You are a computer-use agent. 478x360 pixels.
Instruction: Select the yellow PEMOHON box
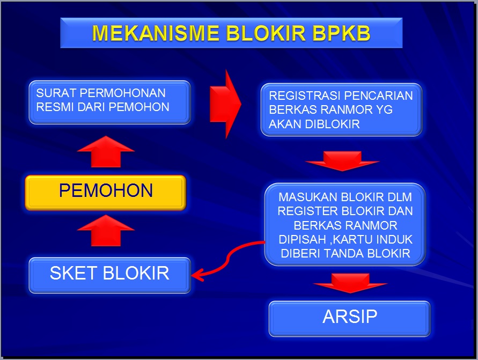106,191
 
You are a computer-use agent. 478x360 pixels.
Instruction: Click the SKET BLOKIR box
109,274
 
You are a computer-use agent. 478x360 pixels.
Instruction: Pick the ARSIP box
349,317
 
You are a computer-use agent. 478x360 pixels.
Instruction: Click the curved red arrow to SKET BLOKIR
225,260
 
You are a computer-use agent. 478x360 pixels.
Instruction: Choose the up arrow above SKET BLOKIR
106,230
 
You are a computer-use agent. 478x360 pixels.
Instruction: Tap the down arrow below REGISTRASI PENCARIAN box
342,160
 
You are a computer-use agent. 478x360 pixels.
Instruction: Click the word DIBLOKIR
335,124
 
